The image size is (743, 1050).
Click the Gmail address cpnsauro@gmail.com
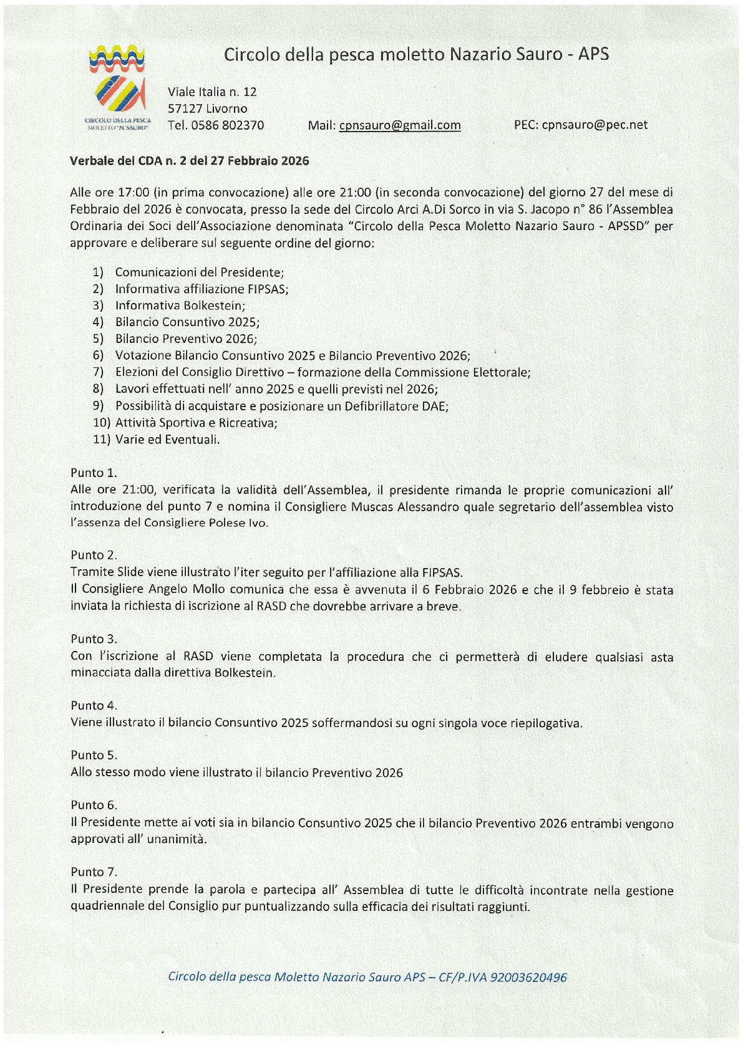pyautogui.click(x=400, y=125)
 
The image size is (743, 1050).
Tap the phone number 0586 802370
pyautogui.click(x=227, y=125)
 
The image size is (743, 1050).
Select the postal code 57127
pyautogui.click(x=185, y=108)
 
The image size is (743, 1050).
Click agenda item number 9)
pyautogui.click(x=98, y=406)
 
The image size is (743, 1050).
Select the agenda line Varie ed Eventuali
pyautogui.click(x=167, y=440)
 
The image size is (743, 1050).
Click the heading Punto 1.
pyautogui.click(x=94, y=473)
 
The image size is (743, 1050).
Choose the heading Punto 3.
pyautogui.click(x=94, y=639)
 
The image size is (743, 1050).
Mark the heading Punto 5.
pyautogui.click(x=94, y=755)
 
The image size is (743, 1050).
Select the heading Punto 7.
pyautogui.click(x=94, y=872)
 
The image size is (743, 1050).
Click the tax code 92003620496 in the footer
pyautogui.click(x=529, y=977)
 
